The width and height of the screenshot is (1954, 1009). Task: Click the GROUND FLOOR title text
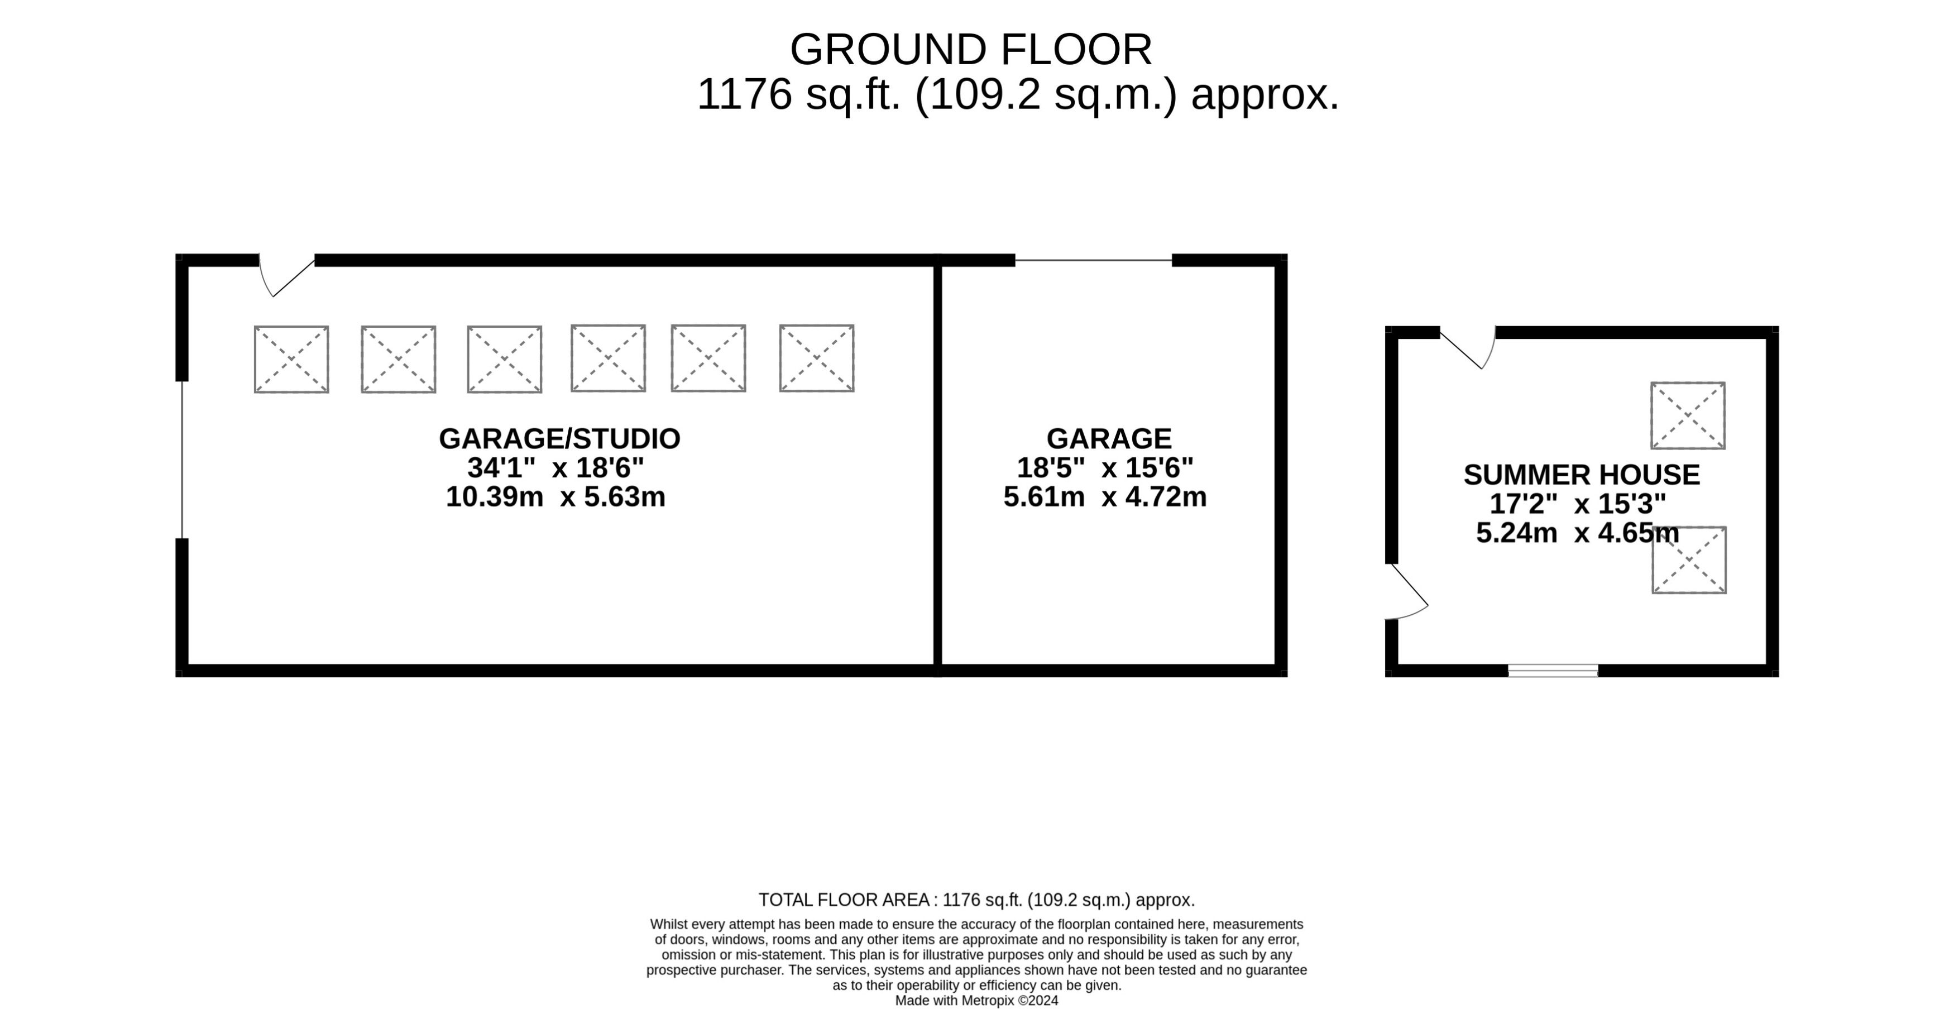pyautogui.click(x=970, y=50)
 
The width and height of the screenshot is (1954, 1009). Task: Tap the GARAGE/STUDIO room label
pyautogui.click(x=559, y=438)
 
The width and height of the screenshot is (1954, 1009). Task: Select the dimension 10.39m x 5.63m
pyautogui.click(x=555, y=497)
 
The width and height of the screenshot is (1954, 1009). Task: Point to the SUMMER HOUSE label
pyautogui.click(x=1581, y=475)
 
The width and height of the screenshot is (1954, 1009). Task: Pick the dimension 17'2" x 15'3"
pyautogui.click(x=1577, y=504)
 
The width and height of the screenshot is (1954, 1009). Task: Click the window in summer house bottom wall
pyautogui.click(x=1552, y=671)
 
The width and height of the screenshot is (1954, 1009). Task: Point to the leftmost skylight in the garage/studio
pyautogui.click(x=291, y=360)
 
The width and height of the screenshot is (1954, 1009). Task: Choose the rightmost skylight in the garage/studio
pyautogui.click(x=816, y=358)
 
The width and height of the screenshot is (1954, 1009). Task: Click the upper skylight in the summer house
pyautogui.click(x=1688, y=416)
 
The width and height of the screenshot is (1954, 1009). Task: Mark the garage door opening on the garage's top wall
pyautogui.click(x=1093, y=260)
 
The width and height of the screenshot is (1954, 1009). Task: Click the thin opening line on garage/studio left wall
pyautogui.click(x=182, y=460)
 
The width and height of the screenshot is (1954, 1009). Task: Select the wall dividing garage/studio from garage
pyautogui.click(x=937, y=464)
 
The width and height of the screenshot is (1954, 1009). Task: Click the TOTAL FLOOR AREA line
pyautogui.click(x=976, y=900)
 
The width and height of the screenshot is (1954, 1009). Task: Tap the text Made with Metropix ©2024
pyautogui.click(x=976, y=1001)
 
